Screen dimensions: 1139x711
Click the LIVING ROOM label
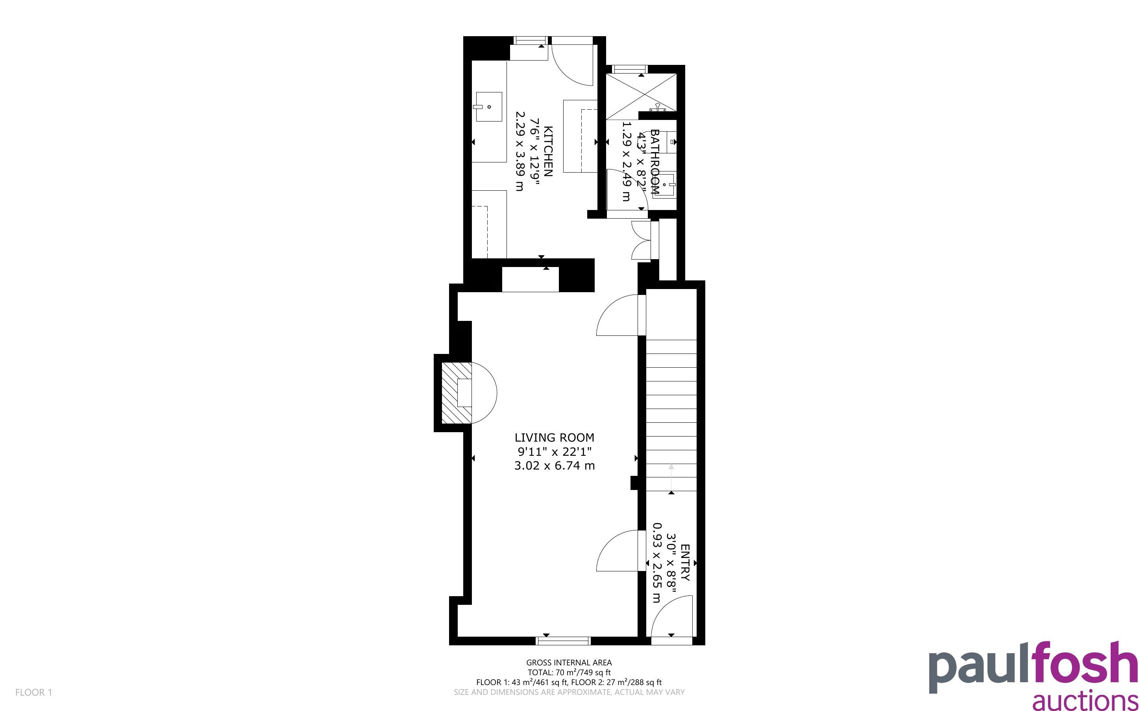click(x=554, y=437)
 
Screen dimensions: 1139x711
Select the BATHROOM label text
click(x=655, y=162)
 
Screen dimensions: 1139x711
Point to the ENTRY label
click(x=685, y=562)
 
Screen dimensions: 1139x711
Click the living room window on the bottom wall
click(x=563, y=641)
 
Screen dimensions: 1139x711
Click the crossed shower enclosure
click(x=641, y=93)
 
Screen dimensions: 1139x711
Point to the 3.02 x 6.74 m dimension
click(x=554, y=466)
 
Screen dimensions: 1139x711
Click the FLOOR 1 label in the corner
click(x=33, y=692)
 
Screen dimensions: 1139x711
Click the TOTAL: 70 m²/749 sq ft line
click(x=569, y=672)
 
